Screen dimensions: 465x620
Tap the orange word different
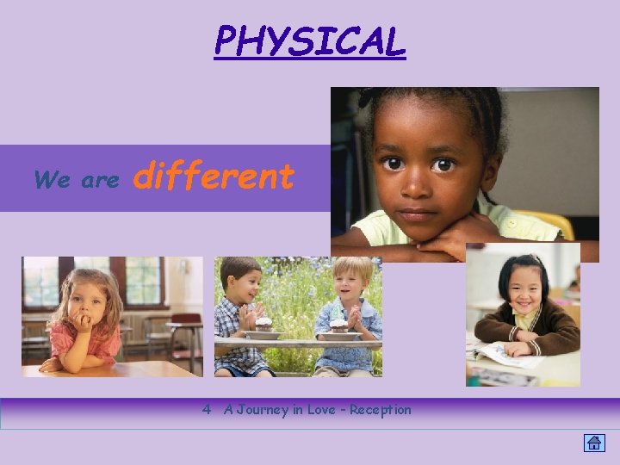(x=215, y=177)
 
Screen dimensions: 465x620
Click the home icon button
(x=594, y=443)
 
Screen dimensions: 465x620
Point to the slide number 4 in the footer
(x=207, y=410)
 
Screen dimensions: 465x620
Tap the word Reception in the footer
(x=381, y=410)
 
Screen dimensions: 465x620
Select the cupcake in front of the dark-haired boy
(x=263, y=323)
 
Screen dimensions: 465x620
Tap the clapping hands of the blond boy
(x=353, y=314)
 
